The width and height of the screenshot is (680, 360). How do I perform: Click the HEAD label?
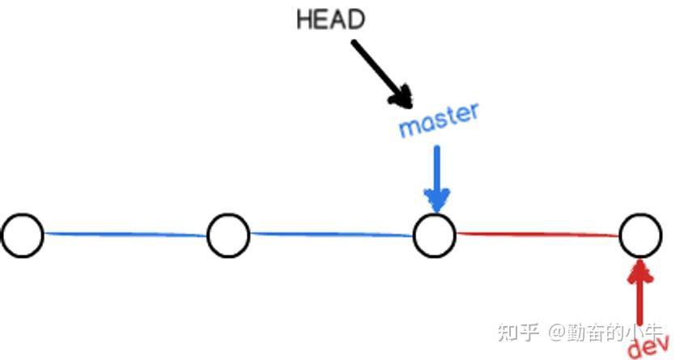(x=330, y=19)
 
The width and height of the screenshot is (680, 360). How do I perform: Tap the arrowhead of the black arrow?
(x=402, y=97)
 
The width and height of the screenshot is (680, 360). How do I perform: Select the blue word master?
(x=438, y=121)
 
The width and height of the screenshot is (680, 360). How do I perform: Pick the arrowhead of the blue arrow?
(x=437, y=201)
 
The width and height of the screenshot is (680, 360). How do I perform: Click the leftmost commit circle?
(x=22, y=235)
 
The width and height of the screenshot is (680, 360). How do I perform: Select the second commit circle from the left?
(x=228, y=235)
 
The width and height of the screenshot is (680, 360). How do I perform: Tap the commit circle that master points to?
(x=435, y=235)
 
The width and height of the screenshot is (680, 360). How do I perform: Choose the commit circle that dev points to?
(x=641, y=235)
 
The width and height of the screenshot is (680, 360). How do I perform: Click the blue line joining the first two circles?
(x=125, y=235)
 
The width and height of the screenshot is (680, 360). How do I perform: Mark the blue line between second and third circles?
(x=331, y=235)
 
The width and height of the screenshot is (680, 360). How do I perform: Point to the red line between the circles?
(x=538, y=235)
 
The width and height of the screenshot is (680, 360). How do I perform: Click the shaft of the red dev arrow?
(x=640, y=299)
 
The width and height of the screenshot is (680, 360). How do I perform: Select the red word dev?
(x=648, y=345)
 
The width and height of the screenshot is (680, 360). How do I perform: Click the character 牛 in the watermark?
(x=652, y=332)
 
